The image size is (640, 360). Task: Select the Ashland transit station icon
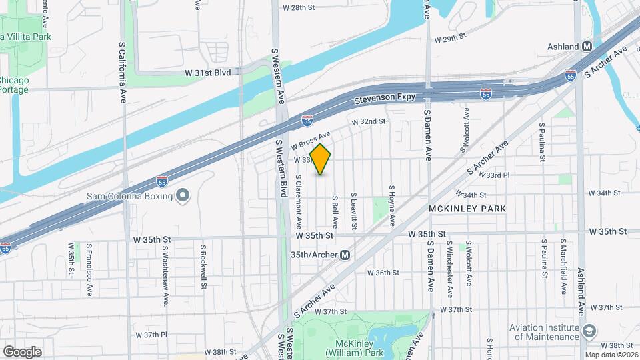[587, 47]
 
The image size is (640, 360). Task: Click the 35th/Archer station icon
[345, 255]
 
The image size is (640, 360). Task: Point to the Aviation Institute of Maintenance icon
[589, 331]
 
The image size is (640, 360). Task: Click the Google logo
[22, 351]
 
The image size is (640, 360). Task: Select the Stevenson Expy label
[383, 99]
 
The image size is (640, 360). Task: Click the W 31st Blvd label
[213, 72]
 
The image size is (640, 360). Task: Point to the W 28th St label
[298, 8]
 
